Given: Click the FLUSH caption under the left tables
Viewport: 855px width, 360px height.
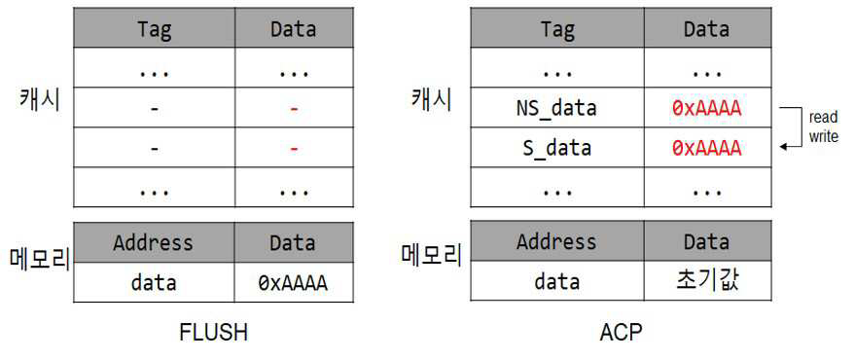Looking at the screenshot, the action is point(213,332).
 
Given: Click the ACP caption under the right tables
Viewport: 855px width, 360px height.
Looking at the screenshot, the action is point(621,332).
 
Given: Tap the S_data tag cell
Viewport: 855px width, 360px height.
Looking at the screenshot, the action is point(556,148).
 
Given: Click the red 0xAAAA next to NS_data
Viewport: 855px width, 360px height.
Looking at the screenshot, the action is point(706,109).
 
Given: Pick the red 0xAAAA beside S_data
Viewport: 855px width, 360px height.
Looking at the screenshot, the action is point(706,148).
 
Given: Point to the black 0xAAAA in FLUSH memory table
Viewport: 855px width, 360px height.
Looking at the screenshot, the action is point(293,283).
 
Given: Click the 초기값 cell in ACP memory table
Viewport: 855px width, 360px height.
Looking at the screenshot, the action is point(707,281).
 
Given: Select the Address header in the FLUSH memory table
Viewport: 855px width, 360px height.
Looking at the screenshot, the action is point(154,242).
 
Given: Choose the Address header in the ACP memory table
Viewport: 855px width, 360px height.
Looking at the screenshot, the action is point(556,241).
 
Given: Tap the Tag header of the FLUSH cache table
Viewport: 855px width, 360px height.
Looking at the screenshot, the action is point(155,29).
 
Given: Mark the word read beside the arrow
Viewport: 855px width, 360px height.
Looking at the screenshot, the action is point(822,118).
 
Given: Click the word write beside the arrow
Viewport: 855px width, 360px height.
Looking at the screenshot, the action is point(823,136).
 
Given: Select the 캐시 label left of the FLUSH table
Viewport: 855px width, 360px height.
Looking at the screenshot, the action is point(38,102).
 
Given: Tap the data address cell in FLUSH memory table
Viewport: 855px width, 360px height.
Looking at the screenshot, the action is point(154,283).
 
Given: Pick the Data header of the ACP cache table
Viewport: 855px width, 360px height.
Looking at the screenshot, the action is point(707,29).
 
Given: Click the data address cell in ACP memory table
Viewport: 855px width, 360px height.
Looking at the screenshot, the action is point(556,281).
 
